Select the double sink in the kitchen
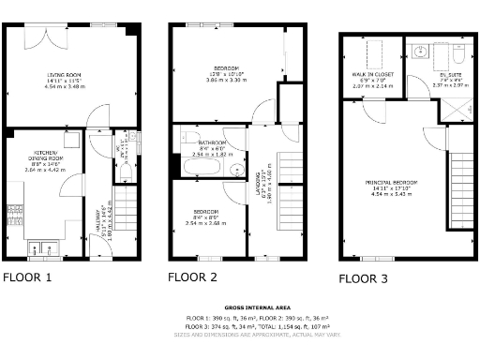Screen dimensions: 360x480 click(x=41, y=248)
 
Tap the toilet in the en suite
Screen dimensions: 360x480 click(x=457, y=51)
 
